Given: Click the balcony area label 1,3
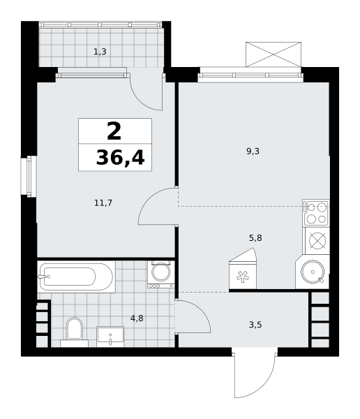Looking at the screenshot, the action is (100, 52).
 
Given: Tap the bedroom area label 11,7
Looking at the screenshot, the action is (103, 203).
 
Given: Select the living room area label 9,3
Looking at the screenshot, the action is (253, 152).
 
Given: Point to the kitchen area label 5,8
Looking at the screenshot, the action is (255, 238).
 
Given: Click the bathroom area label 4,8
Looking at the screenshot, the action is (137, 318).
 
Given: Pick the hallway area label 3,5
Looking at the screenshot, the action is (255, 325).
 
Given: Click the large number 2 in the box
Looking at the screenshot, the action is (114, 131).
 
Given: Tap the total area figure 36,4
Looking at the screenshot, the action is (121, 158).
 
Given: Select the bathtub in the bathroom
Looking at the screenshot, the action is (76, 277).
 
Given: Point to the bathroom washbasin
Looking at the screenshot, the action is (110, 337).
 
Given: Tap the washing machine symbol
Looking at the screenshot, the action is (160, 274).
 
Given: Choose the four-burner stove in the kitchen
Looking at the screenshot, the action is (317, 213).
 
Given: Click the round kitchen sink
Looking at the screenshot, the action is (313, 272).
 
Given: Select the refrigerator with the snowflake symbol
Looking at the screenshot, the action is (243, 269).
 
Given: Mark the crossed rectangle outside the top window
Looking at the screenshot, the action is (273, 54).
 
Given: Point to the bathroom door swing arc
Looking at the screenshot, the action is (203, 311).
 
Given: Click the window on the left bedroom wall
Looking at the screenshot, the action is (29, 177).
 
